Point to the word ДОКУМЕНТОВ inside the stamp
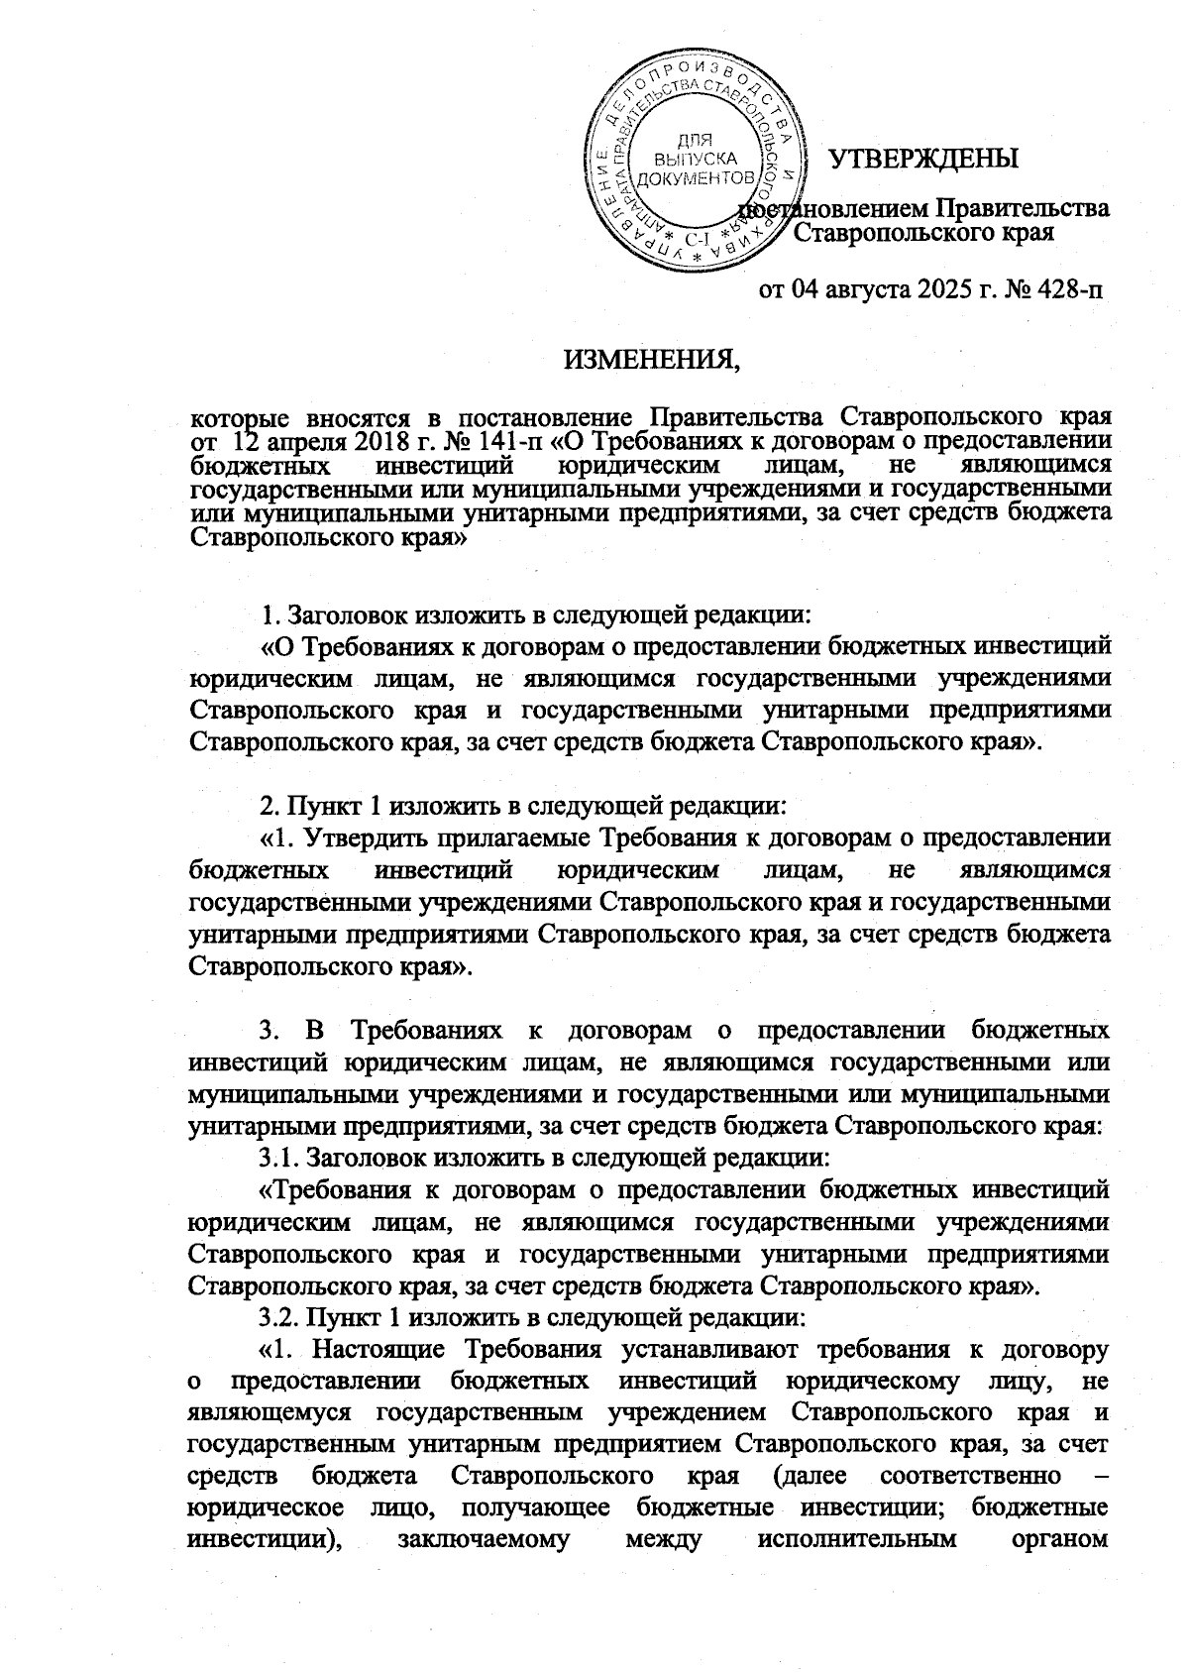694,178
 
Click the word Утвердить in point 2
369,838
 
